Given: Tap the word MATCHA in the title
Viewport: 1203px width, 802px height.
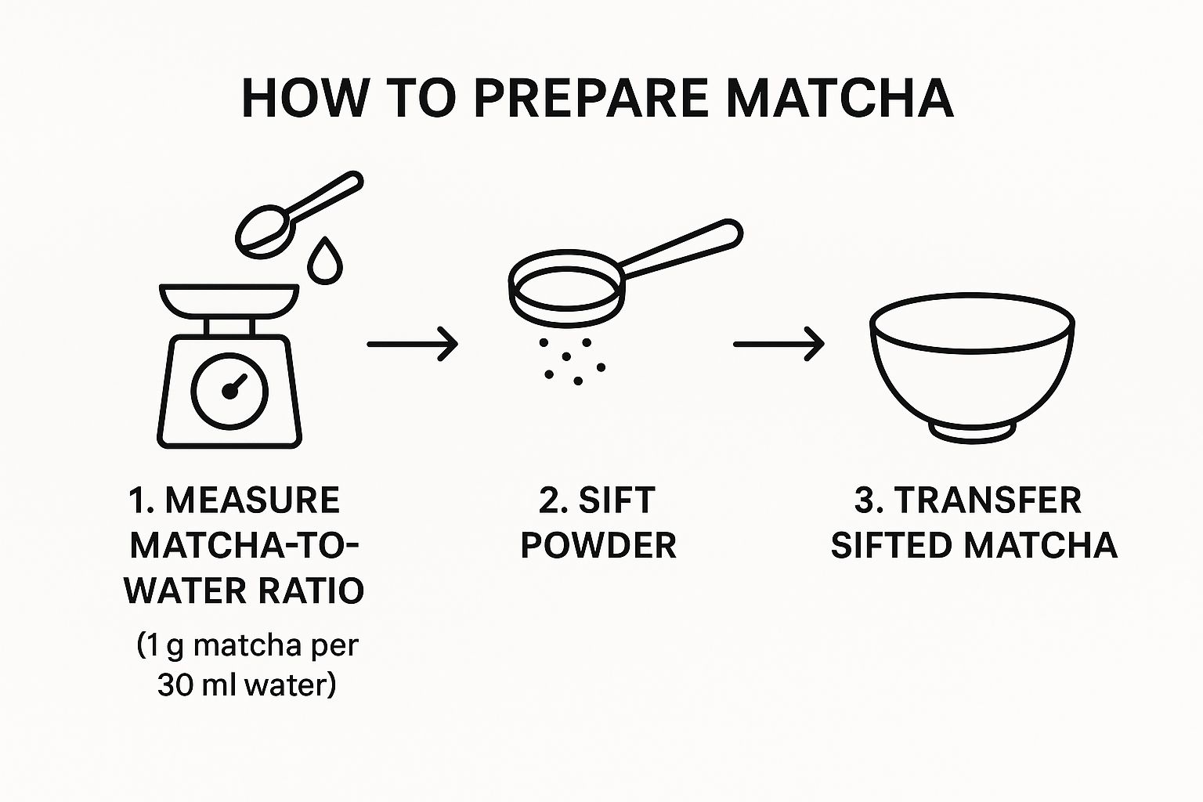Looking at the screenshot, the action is (x=840, y=99).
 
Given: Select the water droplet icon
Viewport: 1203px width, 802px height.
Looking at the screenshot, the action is (x=325, y=261).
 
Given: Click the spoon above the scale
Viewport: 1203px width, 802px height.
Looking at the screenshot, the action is (x=298, y=215).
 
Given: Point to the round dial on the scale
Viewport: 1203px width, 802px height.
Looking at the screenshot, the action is (x=229, y=392).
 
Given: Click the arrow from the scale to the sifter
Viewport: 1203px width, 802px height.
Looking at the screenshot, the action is (x=413, y=344).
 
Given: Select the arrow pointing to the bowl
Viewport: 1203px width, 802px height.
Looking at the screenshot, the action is (x=779, y=344).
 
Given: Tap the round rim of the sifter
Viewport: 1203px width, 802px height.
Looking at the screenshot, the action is (x=566, y=288).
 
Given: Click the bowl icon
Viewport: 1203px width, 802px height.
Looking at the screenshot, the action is (x=972, y=368).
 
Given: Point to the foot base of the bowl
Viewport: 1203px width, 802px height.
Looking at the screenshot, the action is (x=972, y=432).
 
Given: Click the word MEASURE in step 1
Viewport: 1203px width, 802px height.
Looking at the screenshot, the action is (x=252, y=500).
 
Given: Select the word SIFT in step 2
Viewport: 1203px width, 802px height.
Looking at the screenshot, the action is (x=616, y=500).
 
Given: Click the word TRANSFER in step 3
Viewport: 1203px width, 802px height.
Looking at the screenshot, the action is (x=988, y=500).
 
